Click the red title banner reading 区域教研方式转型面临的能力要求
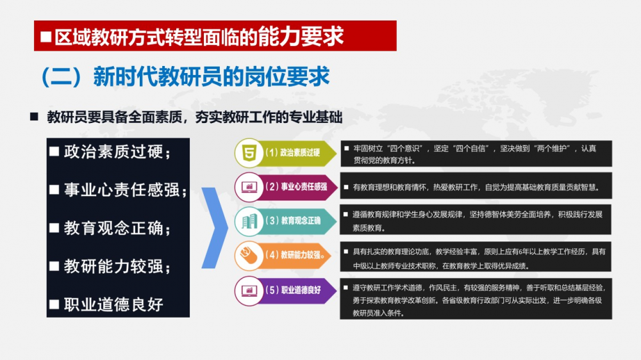point(215,36)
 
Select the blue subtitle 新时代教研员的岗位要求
point(212,76)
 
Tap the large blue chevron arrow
point(215,228)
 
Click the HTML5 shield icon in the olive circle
point(249,153)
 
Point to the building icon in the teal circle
point(249,222)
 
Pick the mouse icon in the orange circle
point(249,256)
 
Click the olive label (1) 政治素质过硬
point(292,153)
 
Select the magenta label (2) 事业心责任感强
point(296,187)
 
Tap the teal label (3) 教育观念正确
point(293,220)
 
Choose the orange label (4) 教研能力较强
point(295,255)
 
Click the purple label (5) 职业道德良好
point(293,290)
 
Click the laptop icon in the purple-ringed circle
point(249,291)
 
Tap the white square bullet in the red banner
point(46,37)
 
